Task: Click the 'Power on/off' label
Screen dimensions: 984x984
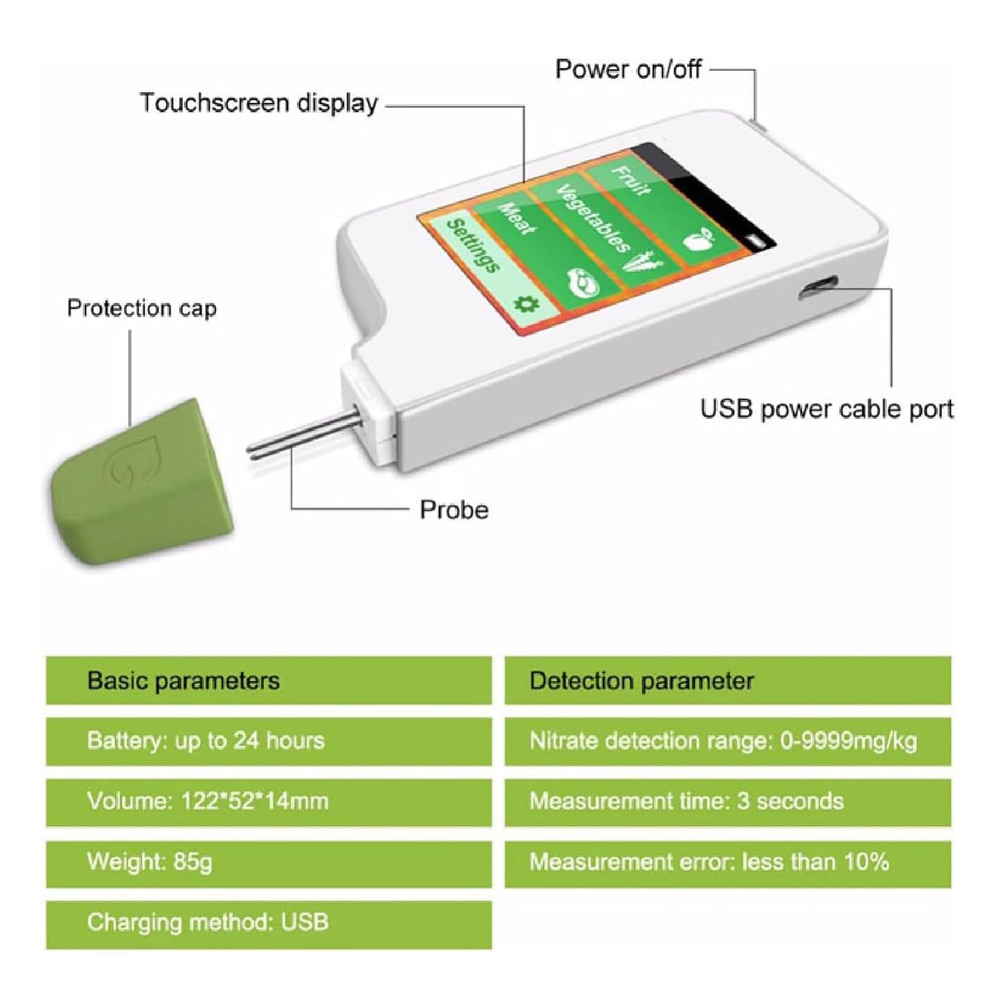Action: (x=628, y=69)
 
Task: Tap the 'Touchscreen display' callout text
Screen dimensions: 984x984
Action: (x=258, y=103)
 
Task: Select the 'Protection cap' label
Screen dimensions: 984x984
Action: (x=141, y=307)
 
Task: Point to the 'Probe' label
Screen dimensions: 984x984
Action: (x=454, y=510)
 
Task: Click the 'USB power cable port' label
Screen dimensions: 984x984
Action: (x=827, y=409)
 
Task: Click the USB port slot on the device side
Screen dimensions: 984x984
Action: (x=817, y=288)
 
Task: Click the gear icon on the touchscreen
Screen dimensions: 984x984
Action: (x=526, y=304)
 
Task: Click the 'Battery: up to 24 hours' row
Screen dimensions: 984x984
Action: (x=269, y=741)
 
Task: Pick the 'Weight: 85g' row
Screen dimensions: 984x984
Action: (x=269, y=862)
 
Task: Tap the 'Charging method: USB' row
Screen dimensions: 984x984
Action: (x=269, y=923)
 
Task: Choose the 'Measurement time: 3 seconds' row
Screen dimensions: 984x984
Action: (x=728, y=802)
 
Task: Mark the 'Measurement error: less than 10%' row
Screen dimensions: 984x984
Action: (x=728, y=862)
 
